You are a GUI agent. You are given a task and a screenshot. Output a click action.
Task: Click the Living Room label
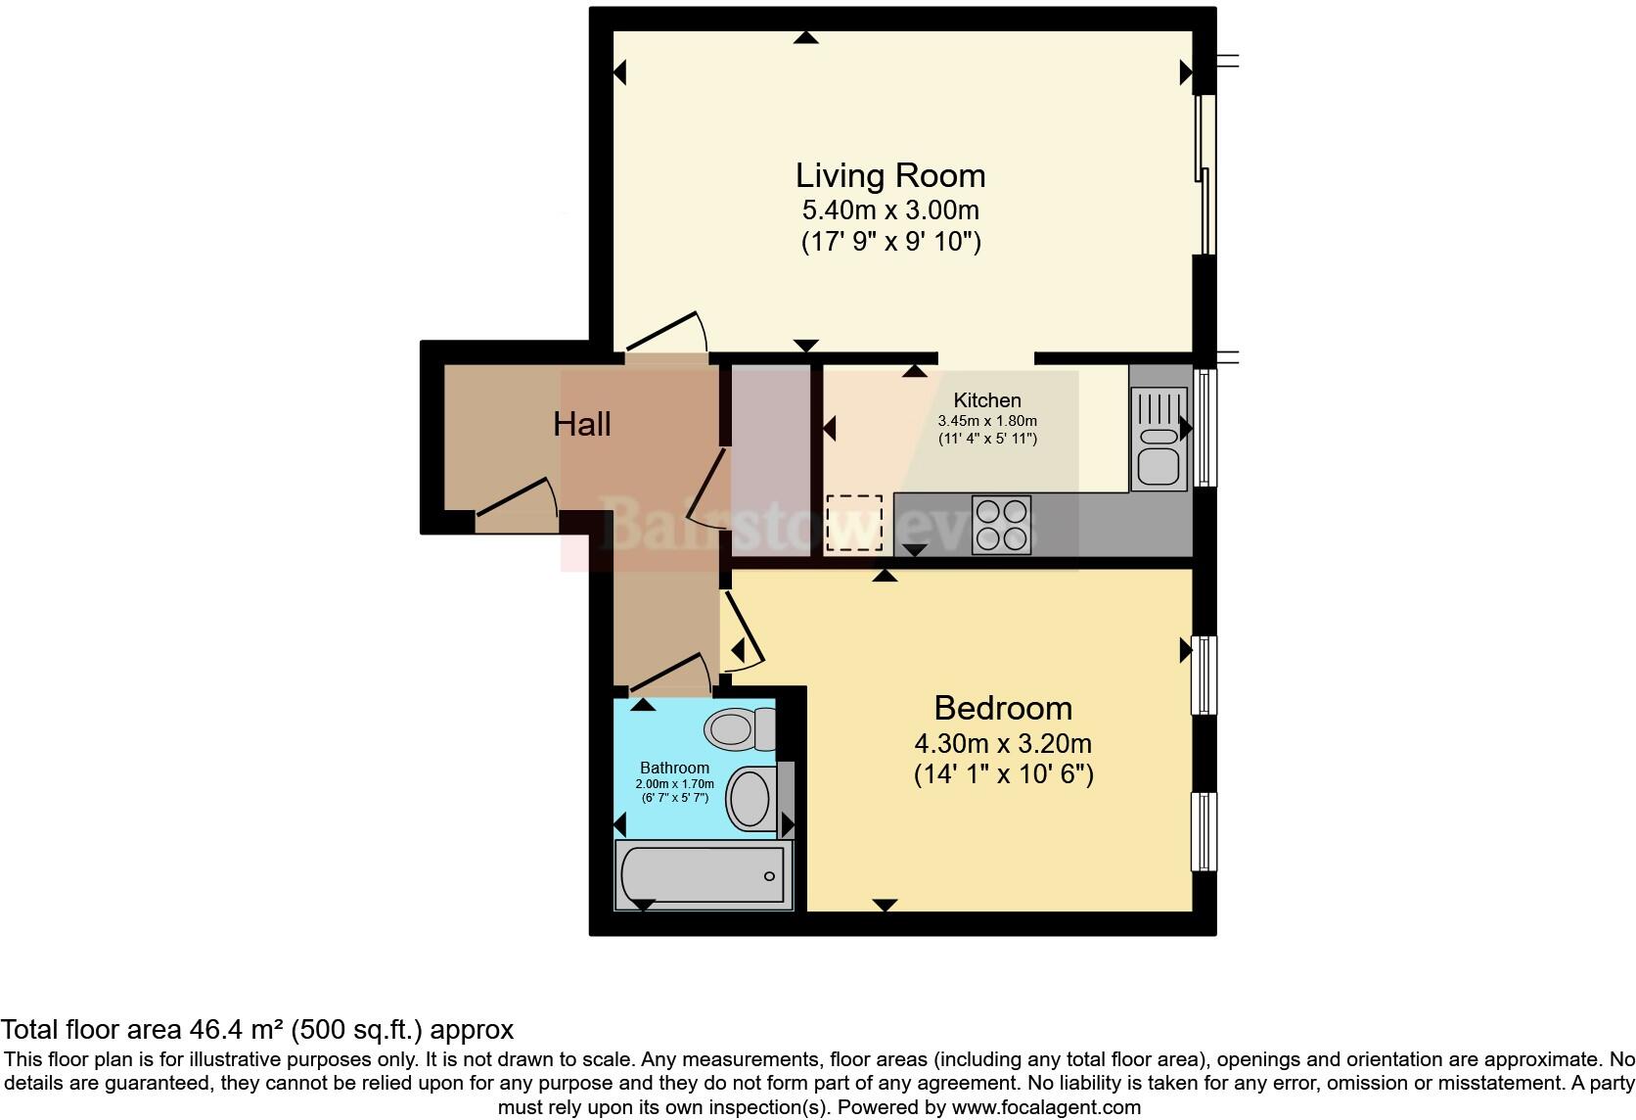point(889,176)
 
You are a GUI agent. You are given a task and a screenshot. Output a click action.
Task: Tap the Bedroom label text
point(1003,708)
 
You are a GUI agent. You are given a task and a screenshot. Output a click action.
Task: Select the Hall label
point(582,424)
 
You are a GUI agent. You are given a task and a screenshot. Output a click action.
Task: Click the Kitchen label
point(987,399)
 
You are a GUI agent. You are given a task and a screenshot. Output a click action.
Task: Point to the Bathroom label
point(674,768)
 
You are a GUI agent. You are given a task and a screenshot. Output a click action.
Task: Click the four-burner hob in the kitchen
point(1001,525)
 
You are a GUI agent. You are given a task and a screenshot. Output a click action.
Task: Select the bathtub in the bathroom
point(704,874)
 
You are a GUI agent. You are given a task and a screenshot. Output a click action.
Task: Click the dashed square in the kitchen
point(853,523)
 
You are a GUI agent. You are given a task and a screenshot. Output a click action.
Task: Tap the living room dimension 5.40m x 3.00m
point(890,210)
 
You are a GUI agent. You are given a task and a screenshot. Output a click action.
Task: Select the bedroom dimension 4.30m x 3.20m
point(1003,743)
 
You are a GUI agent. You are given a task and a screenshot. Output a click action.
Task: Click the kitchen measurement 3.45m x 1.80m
point(987,421)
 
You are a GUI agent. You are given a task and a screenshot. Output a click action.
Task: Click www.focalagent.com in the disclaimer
point(1046,1107)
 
